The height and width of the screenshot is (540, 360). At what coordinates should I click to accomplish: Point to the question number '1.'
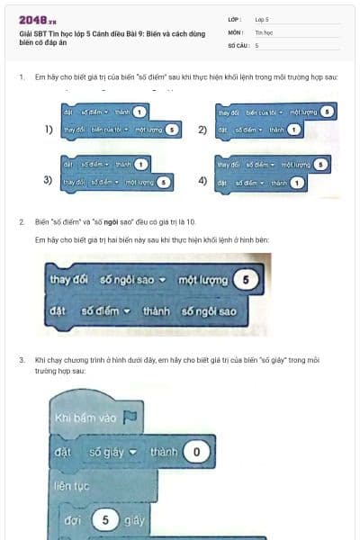[22, 77]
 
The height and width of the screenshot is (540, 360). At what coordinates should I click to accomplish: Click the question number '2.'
[22, 220]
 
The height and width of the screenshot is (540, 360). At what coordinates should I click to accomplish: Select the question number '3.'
[22, 359]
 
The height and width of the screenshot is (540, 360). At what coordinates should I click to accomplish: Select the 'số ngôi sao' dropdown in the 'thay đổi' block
[131, 279]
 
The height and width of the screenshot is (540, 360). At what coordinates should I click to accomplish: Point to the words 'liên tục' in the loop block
[74, 485]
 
